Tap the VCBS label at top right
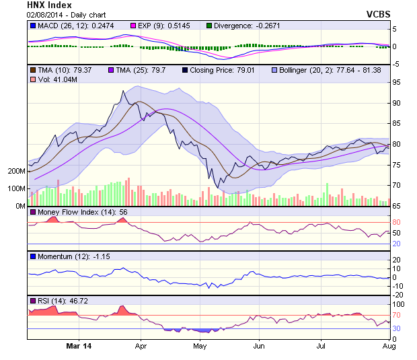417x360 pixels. [378, 13]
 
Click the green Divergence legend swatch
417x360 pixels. [209, 25]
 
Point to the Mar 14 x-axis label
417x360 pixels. [79, 347]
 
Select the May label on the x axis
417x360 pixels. [199, 347]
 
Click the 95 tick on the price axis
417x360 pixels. [398, 82]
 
